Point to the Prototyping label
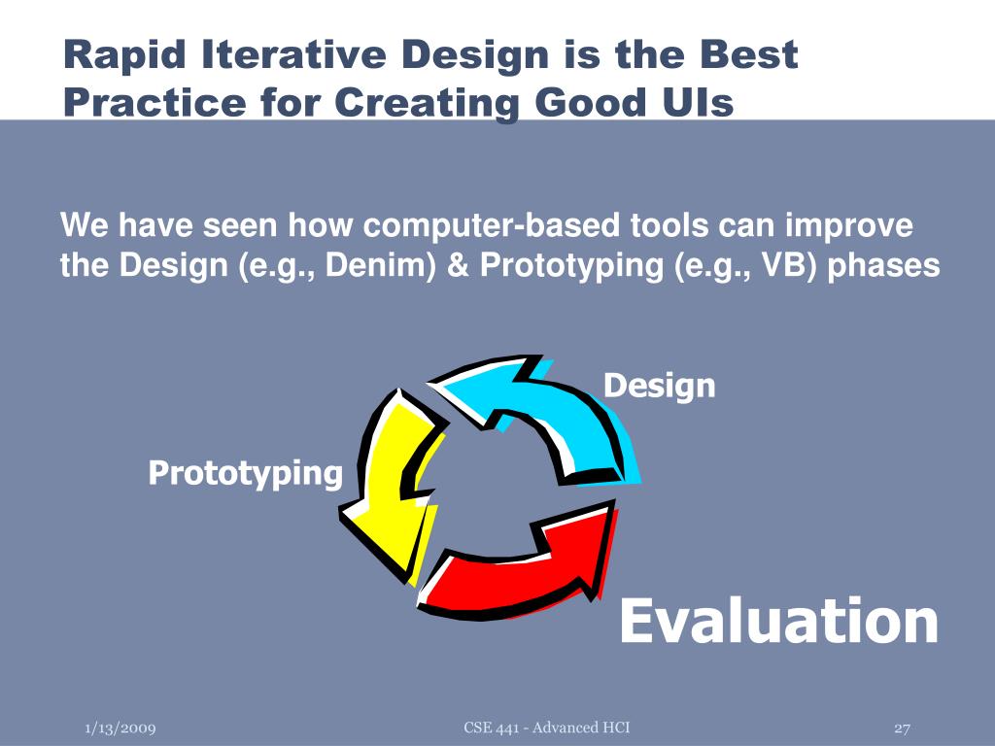(x=246, y=474)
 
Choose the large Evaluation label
(x=778, y=621)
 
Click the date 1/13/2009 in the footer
(x=120, y=729)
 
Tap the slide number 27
(x=902, y=729)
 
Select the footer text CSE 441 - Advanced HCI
(x=547, y=728)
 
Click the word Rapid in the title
(x=125, y=55)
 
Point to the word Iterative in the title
(x=293, y=54)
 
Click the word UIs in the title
(x=699, y=102)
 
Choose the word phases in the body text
(x=884, y=266)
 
